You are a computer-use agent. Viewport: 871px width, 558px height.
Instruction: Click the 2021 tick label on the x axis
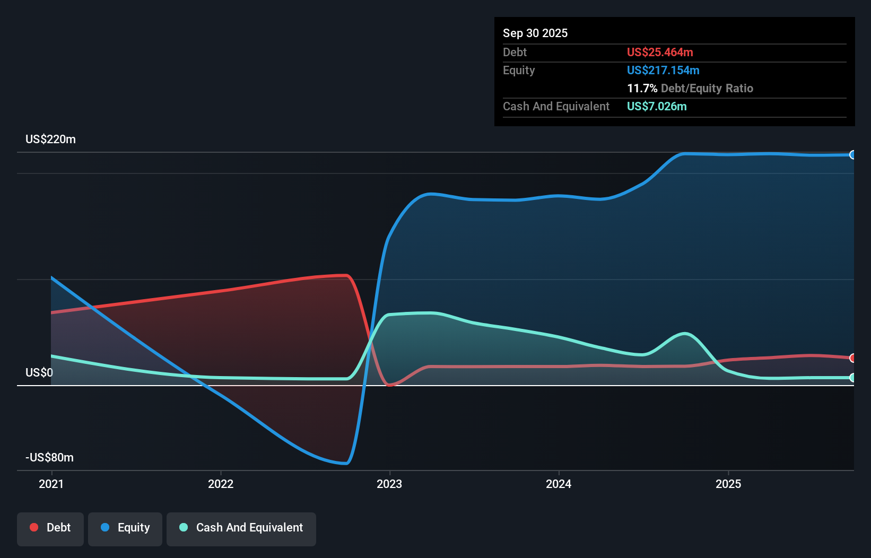point(51,484)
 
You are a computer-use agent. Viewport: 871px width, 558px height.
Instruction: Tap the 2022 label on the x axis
point(221,484)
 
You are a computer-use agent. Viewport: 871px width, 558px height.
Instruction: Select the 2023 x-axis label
point(389,484)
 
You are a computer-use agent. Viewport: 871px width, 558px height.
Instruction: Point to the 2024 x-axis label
point(559,484)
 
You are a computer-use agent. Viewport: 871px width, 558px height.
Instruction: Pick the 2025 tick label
point(728,484)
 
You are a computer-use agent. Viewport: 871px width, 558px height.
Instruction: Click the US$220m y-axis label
point(50,139)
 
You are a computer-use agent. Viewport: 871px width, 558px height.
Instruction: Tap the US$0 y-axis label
point(39,373)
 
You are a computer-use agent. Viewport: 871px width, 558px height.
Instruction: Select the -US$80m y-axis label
point(50,458)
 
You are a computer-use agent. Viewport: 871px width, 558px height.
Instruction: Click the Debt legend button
point(50,528)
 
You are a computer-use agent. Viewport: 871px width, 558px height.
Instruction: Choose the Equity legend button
point(125,528)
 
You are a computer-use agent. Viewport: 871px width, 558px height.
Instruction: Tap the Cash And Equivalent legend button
point(241,528)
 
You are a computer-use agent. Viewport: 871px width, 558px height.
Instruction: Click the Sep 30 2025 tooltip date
point(535,33)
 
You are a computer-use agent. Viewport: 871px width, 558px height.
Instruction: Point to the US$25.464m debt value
point(660,52)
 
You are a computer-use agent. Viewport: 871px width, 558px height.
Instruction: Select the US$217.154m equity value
point(663,70)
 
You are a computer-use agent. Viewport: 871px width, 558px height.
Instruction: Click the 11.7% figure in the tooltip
point(642,88)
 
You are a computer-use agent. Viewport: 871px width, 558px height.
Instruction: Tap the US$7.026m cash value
point(657,106)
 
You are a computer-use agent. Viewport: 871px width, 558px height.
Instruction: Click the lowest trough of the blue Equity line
point(346,464)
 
